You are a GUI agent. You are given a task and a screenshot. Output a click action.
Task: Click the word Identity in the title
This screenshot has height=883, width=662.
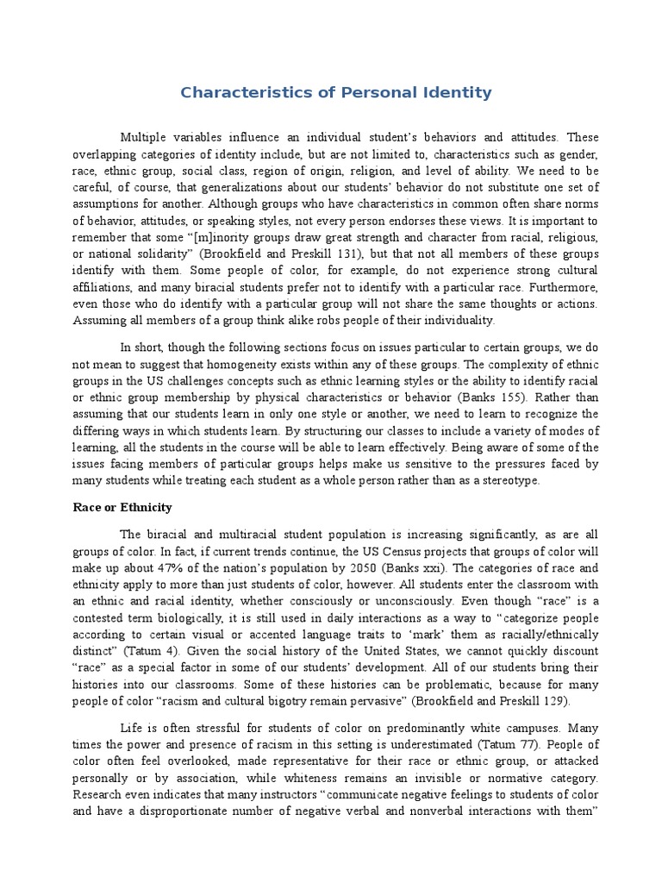click(x=453, y=92)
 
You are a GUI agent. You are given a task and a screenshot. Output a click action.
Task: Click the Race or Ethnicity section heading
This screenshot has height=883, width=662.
click(x=122, y=507)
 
